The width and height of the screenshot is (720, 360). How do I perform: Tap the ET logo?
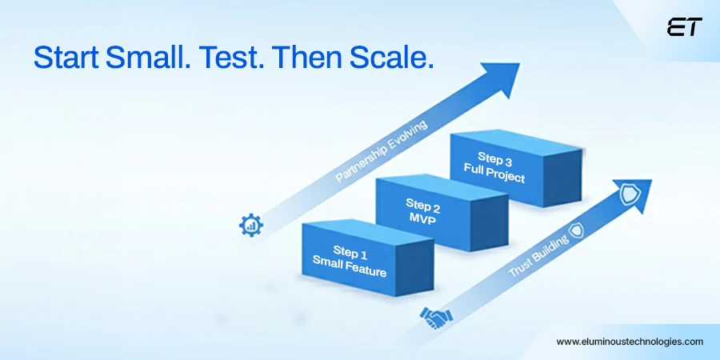coord(684,27)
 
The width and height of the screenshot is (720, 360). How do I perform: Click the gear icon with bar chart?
coord(250,225)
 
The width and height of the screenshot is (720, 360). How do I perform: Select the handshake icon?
coord(435,319)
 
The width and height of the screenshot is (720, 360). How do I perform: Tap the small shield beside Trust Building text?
coord(576,229)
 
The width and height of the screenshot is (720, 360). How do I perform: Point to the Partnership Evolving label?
coord(382,151)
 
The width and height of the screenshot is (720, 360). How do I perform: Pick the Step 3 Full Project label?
coord(494,166)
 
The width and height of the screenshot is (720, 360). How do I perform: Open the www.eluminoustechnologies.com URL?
coord(630,342)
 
